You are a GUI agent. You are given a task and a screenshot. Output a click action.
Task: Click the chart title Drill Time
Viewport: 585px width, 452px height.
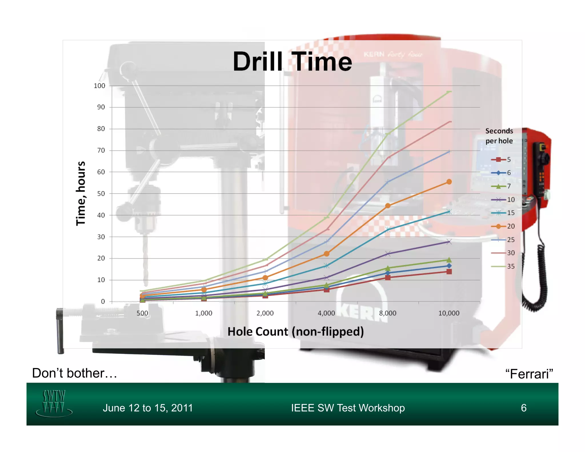[292, 62]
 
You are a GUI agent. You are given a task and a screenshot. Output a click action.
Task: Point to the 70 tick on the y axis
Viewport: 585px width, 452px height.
[101, 150]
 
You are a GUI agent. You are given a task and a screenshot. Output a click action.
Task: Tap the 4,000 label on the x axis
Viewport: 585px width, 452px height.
[326, 313]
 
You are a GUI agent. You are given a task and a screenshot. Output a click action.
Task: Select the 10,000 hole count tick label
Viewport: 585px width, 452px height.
[449, 313]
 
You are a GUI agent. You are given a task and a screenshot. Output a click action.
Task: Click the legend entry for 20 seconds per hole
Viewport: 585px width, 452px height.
[503, 226]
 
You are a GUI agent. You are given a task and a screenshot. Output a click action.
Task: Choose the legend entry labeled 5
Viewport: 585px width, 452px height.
[501, 159]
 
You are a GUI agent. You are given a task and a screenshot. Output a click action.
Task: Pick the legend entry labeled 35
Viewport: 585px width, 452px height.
[503, 266]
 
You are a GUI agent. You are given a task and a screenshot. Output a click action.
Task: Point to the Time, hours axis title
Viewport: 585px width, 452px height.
[81, 193]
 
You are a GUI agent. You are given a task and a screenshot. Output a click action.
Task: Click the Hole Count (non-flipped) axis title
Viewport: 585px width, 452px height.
[296, 332]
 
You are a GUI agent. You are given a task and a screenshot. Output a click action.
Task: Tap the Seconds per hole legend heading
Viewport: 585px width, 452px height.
[499, 136]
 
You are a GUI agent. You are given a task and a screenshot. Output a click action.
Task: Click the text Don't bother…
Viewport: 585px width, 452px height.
[75, 373]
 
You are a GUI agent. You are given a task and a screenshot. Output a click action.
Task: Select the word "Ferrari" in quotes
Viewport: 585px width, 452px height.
[529, 374]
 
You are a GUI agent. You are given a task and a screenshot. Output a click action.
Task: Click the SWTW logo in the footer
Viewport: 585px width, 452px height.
[54, 403]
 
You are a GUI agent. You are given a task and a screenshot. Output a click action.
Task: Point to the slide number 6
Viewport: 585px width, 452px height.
[524, 408]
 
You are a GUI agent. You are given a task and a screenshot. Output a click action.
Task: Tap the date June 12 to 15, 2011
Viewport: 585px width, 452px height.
[148, 408]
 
